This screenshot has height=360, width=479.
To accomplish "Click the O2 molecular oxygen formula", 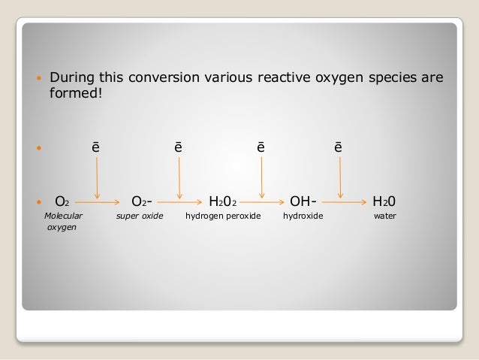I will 62,201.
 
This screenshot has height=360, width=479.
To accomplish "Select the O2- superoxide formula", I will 143,201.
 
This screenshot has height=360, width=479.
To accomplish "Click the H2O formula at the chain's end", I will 384,201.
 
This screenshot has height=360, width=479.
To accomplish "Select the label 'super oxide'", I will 139,216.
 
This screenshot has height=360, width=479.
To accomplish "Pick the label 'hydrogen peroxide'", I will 223,216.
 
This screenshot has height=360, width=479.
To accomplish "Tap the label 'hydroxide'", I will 303,216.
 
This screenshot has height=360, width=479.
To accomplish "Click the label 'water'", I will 384,216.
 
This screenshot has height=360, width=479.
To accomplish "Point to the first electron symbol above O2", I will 95,147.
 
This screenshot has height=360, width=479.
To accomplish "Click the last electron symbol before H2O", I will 339,147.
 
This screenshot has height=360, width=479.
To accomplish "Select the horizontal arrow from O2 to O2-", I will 98,201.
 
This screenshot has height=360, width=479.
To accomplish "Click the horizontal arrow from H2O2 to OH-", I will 263,201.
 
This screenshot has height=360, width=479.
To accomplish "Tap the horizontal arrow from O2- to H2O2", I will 180,201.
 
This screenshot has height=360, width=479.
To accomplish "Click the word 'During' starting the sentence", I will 74,78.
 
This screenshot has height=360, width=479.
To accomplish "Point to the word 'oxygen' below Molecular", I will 62,226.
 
